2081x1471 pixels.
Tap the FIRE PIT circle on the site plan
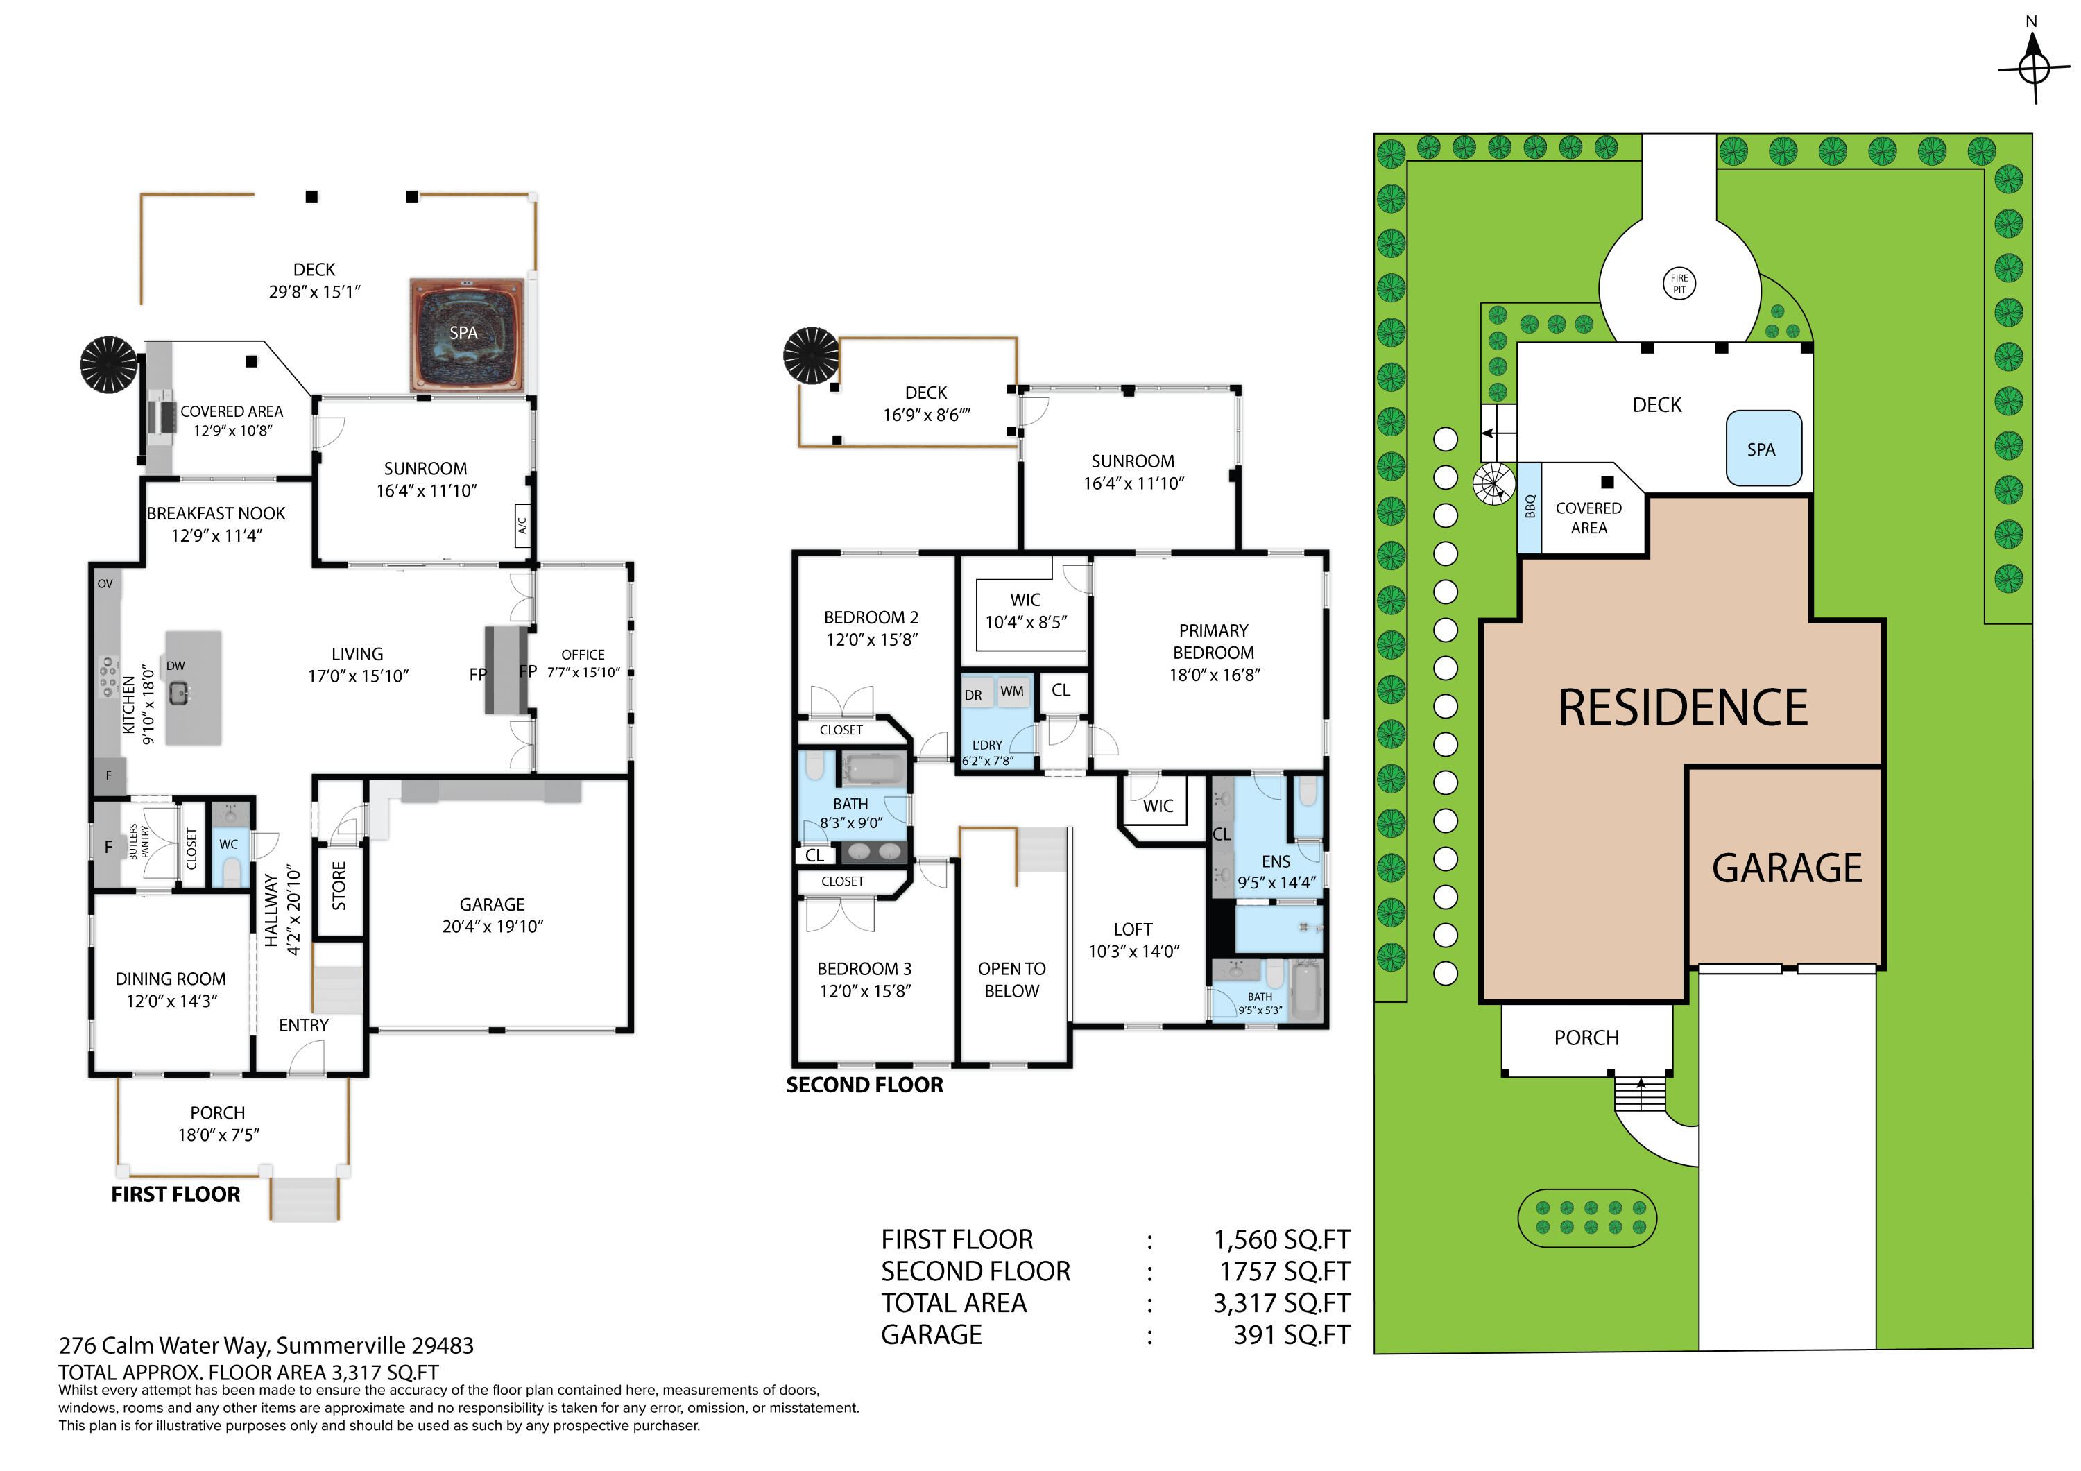tap(1679, 284)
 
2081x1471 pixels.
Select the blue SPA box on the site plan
tap(1763, 449)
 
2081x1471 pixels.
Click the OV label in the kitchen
tap(105, 584)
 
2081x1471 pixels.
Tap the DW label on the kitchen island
tap(175, 665)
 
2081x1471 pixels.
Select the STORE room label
tap(339, 886)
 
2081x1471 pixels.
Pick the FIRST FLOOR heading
tap(175, 1194)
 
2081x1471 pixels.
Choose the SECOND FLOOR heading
tap(865, 1084)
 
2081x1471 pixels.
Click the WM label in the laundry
tap(1011, 691)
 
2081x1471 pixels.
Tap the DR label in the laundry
tap(973, 695)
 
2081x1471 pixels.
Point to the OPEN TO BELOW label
tap(1011, 980)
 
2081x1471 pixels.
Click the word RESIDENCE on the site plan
tap(1682, 708)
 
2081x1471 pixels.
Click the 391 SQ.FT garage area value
tap(1292, 1334)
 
